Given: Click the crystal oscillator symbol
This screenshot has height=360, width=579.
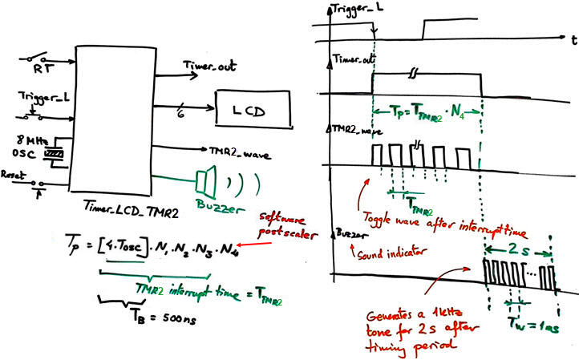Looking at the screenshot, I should click(x=55, y=152).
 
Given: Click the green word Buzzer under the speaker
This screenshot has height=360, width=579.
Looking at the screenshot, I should click(x=211, y=204).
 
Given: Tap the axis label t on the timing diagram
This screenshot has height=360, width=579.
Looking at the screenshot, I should click(x=565, y=38).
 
